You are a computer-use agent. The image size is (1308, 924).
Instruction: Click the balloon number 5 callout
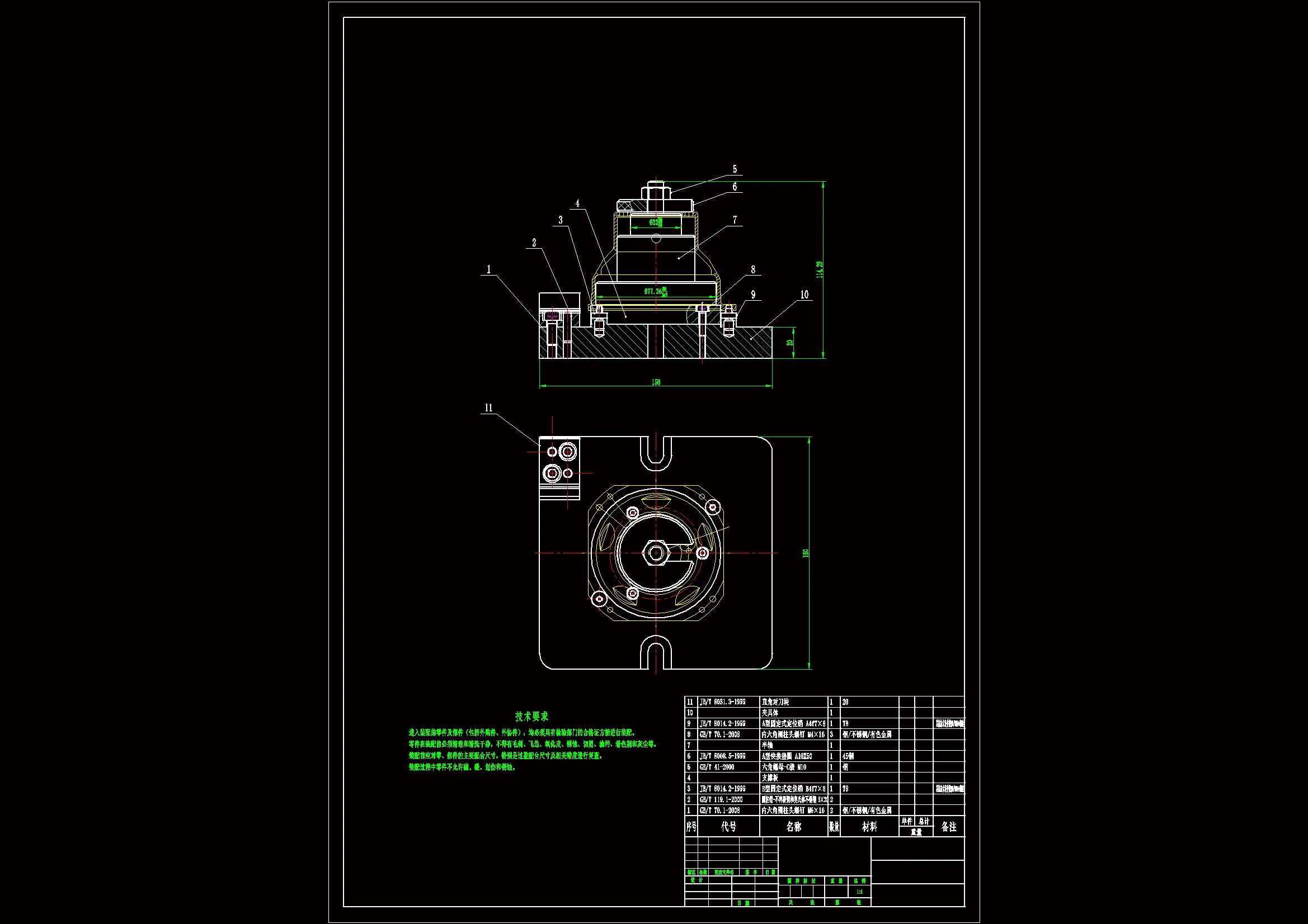click(735, 169)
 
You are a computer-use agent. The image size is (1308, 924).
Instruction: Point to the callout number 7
click(735, 220)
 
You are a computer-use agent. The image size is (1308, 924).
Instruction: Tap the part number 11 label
click(488, 407)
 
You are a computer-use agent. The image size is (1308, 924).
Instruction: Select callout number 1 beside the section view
click(488, 269)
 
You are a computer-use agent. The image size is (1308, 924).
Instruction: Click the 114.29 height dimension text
click(819, 269)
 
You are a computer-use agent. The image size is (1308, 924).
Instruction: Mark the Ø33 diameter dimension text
click(656, 222)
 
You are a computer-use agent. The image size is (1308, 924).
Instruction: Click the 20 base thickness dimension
click(789, 342)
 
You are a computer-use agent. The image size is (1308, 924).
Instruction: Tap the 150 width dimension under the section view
click(656, 382)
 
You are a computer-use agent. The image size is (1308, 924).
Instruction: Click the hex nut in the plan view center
click(656, 552)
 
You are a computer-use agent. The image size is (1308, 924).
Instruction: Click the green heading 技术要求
click(531, 716)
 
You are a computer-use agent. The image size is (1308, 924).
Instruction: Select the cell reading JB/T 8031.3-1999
click(722, 702)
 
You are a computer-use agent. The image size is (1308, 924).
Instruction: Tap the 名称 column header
click(793, 827)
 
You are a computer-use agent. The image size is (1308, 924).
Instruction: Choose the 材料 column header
click(869, 827)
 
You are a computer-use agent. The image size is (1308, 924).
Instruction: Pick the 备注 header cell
click(948, 827)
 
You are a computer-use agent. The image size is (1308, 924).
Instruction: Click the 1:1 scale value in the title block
click(859, 892)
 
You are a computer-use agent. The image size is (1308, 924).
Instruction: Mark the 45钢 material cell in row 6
click(848, 756)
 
